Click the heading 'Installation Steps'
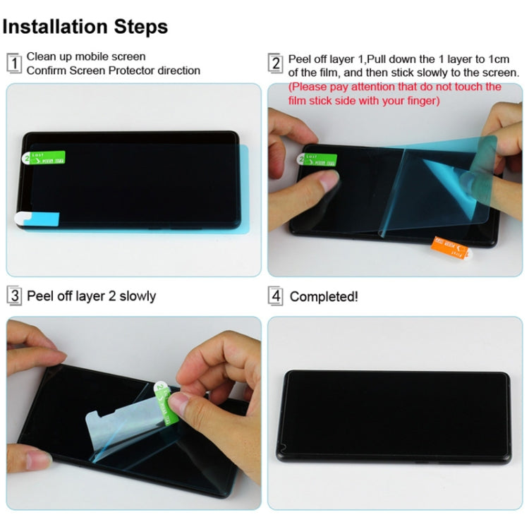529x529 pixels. (85, 27)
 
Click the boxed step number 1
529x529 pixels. (14, 63)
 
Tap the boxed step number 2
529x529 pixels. (276, 63)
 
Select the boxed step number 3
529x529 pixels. (14, 296)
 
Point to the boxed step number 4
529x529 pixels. (276, 296)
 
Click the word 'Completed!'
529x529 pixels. (324, 297)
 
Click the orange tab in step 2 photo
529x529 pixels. (449, 247)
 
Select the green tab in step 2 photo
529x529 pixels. (319, 160)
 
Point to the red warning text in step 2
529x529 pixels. (395, 94)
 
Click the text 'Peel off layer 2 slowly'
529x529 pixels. (92, 296)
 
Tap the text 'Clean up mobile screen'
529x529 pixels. (86, 56)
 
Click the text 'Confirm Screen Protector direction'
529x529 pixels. (114, 71)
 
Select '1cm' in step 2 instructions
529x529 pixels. (508, 59)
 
